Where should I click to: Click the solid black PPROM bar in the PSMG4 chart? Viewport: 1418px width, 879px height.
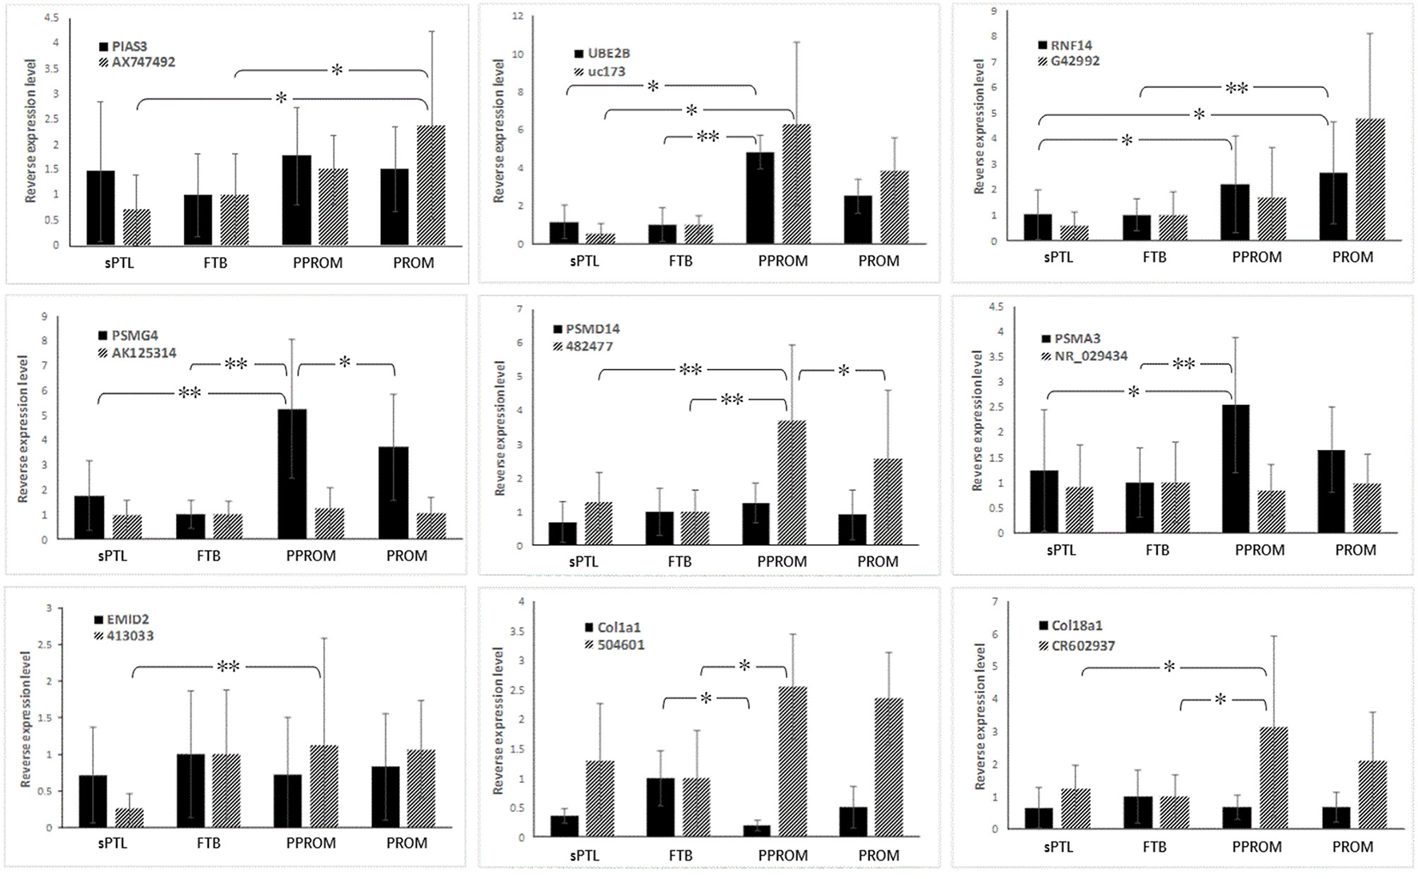[x=291, y=472]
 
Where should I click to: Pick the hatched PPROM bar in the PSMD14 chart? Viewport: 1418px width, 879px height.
[x=791, y=482]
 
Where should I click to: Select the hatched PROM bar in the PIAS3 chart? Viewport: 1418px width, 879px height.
[x=431, y=185]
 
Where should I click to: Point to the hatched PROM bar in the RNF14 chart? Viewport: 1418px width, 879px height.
[x=1370, y=179]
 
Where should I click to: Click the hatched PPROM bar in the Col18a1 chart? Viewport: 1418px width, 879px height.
[x=1273, y=777]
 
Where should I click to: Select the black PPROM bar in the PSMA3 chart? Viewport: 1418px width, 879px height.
[x=1236, y=468]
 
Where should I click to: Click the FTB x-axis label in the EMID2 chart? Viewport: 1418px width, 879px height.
[x=208, y=843]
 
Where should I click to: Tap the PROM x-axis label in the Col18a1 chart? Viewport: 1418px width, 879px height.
[x=1352, y=847]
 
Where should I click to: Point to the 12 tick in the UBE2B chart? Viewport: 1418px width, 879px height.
[x=517, y=16]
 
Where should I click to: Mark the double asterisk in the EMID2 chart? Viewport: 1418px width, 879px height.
[x=228, y=666]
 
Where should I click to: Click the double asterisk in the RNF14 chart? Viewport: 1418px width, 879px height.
[x=1236, y=88]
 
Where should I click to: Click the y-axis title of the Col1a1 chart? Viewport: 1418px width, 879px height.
[x=498, y=721]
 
